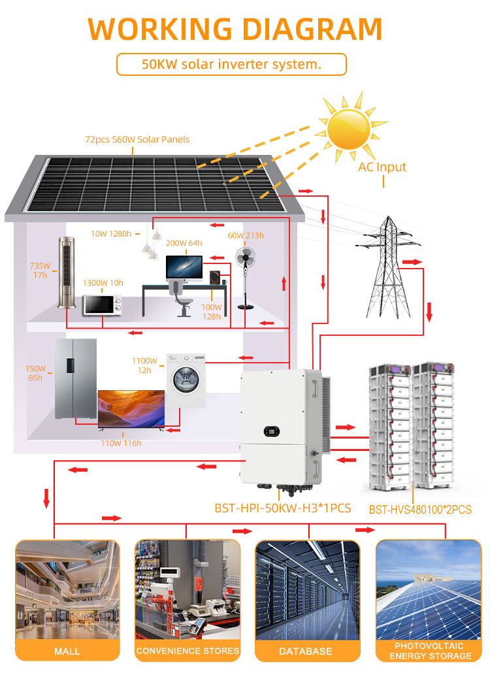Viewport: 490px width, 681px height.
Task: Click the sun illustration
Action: tap(349, 128)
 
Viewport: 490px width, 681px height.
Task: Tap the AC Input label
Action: tap(382, 167)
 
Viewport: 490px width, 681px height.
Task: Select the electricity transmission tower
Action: tap(388, 267)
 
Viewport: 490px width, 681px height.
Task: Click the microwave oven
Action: tap(103, 305)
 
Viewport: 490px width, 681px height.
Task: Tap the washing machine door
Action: tap(186, 379)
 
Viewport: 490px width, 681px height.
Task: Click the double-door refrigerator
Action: tap(76, 378)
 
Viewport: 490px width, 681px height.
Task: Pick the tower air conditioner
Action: tap(67, 273)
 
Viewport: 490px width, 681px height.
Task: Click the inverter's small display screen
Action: tap(272, 431)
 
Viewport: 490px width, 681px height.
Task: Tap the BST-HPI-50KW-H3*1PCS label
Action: tap(282, 508)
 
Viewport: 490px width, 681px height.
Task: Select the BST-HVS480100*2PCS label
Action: tap(420, 510)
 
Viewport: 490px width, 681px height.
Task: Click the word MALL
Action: tap(67, 652)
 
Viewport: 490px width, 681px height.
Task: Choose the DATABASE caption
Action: tap(306, 652)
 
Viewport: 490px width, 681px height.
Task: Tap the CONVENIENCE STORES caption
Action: tap(188, 651)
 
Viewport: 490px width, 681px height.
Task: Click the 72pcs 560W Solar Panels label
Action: tap(137, 139)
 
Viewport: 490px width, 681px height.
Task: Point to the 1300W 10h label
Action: tap(103, 283)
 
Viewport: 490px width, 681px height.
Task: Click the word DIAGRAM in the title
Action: tap(312, 29)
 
